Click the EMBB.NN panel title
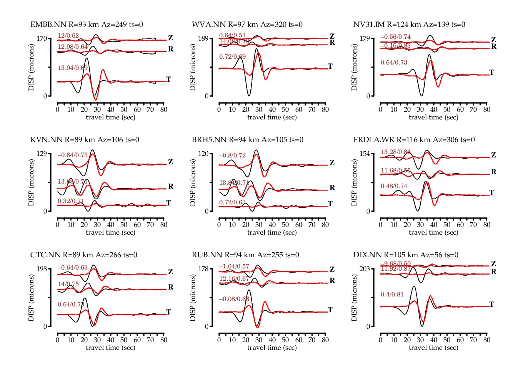coord(87,25)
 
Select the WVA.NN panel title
coord(247,25)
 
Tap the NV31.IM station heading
coord(409,25)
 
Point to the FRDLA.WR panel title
coord(414,140)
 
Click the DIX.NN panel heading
coord(406,255)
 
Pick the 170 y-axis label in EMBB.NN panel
coord(42,38)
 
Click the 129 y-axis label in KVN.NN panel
coord(42,154)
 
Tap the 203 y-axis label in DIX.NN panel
coord(365,269)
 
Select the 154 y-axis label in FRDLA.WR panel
coord(365,154)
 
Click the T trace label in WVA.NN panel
coord(330,66)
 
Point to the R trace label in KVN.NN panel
coord(171,187)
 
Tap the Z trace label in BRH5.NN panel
coord(332,163)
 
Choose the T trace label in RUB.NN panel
coord(330,310)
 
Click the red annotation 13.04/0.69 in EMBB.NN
coord(73,68)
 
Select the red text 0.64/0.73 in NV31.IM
coord(394,63)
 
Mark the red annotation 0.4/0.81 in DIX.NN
coord(392,295)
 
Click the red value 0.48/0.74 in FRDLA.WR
coord(394,186)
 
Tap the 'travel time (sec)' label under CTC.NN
coord(110,348)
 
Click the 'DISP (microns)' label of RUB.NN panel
coord(193,298)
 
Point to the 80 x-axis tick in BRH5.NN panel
coord(325,225)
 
